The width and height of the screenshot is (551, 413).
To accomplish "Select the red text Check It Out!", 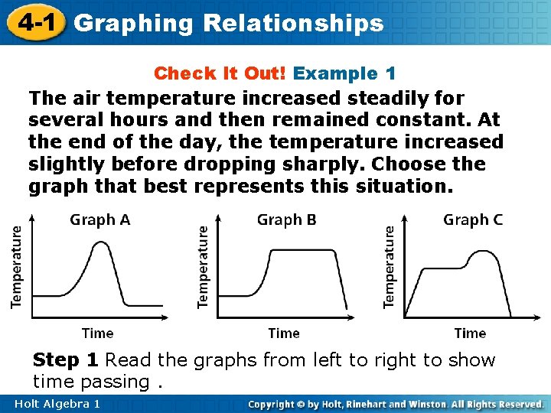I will pyautogui.click(x=220, y=73).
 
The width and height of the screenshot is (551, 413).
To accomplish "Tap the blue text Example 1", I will pyautogui.click(x=344, y=73).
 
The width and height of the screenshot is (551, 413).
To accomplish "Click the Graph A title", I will pyautogui.click(x=100, y=220).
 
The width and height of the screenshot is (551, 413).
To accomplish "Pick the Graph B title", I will pyautogui.click(x=286, y=220).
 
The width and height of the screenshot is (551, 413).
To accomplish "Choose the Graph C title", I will pyautogui.click(x=473, y=220).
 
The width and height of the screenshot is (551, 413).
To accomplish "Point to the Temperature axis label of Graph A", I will pyautogui.click(x=17, y=266).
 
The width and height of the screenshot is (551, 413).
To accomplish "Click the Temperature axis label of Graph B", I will pyautogui.click(x=203, y=266).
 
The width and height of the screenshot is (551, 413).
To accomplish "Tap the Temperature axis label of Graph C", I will pyautogui.click(x=389, y=266).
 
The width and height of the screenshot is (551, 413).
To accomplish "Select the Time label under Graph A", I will pyautogui.click(x=97, y=333).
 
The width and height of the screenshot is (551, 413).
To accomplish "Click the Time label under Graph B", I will pyautogui.click(x=284, y=333).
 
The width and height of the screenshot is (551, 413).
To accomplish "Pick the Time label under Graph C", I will pyautogui.click(x=470, y=333).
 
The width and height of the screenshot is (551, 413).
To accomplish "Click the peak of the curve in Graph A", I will pyautogui.click(x=98, y=243).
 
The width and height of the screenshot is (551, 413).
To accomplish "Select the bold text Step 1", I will pyautogui.click(x=66, y=360).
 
